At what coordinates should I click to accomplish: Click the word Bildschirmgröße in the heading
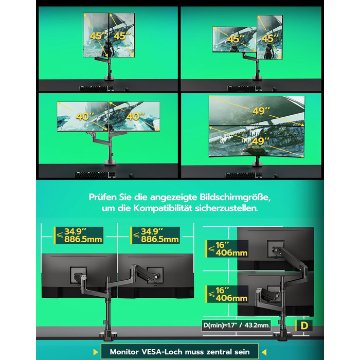[235, 197]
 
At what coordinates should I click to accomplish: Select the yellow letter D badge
[304, 326]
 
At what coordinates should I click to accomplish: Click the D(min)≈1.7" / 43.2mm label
[237, 326]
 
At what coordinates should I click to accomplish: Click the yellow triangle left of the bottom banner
[96, 352]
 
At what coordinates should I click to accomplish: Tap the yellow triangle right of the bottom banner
[264, 352]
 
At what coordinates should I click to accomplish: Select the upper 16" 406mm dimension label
[227, 249]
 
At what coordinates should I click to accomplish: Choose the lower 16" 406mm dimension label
[227, 294]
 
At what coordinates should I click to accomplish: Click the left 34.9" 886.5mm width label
[79, 236]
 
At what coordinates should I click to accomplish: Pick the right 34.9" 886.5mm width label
[155, 236]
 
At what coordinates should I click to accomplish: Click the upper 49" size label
[261, 111]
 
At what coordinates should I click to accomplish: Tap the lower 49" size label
[261, 141]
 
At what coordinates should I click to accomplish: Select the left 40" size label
[85, 116]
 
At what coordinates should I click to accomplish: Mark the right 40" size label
[135, 116]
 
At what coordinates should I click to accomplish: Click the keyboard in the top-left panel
[97, 89]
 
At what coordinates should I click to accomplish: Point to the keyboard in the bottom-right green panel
[243, 175]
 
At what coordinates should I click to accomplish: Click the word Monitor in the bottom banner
[124, 351]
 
